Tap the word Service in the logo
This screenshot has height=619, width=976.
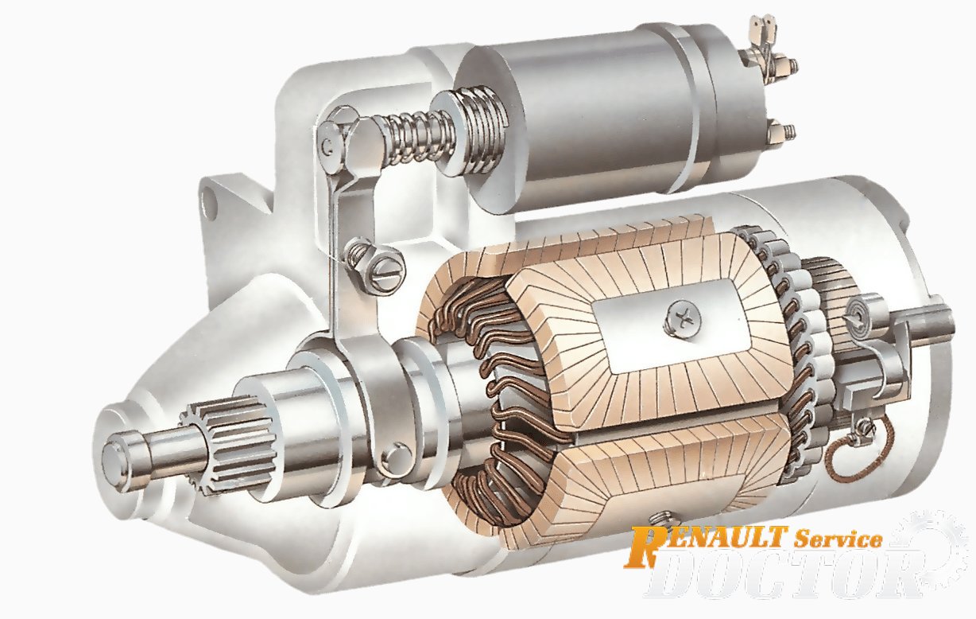click(x=839, y=539)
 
